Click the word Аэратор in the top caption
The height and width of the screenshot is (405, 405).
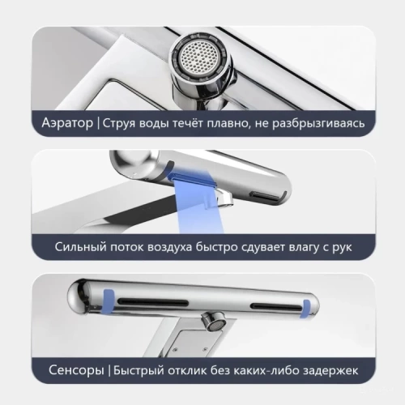coord(68,125)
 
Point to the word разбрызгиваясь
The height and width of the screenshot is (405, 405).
coord(330,125)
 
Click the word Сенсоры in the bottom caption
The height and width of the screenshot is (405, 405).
coord(71,372)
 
